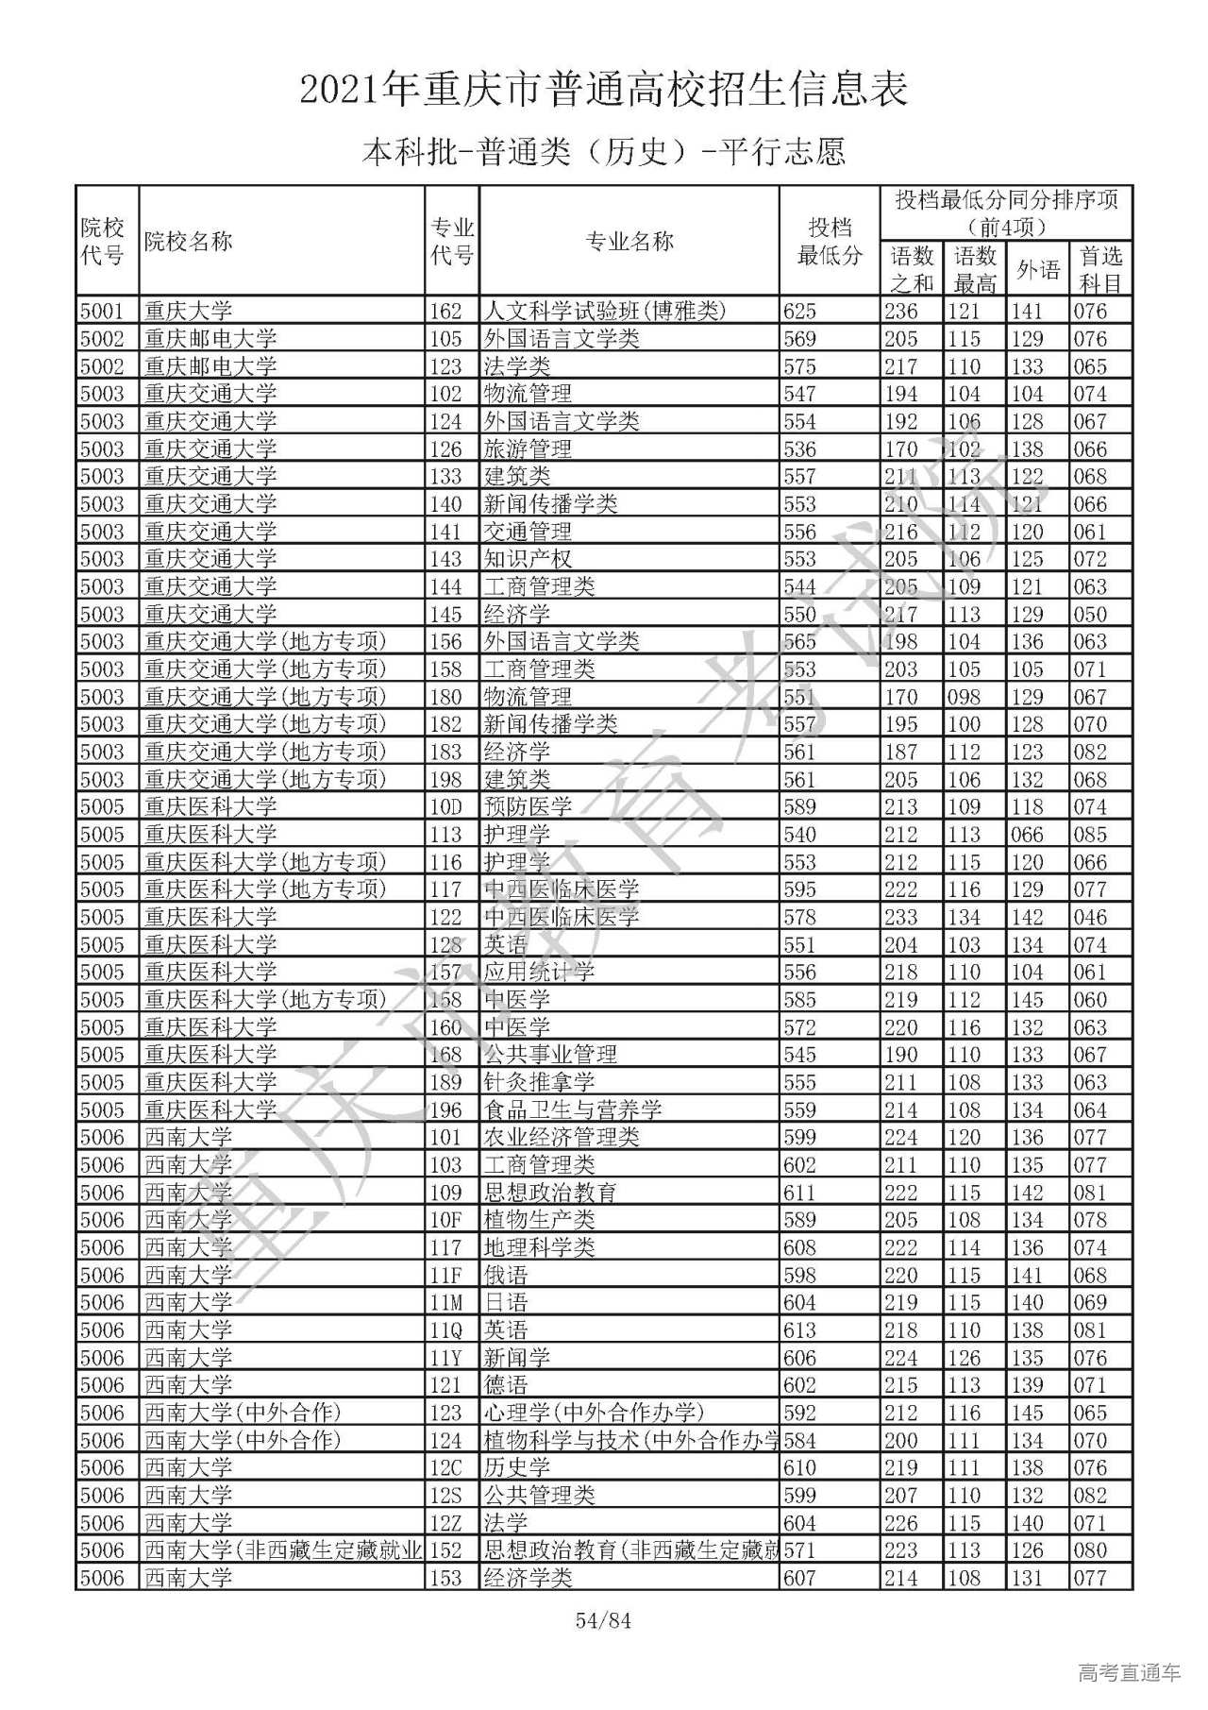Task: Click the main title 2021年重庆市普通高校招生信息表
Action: (x=604, y=90)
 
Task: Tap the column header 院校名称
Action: (x=188, y=241)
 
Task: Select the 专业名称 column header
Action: (x=629, y=241)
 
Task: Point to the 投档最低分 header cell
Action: (x=830, y=241)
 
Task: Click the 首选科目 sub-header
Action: (x=1100, y=269)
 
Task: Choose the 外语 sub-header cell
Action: (x=1037, y=270)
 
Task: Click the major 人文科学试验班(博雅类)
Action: (x=605, y=311)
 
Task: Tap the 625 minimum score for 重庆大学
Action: (x=799, y=311)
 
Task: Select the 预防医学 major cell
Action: (x=528, y=806)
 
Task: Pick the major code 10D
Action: (x=446, y=806)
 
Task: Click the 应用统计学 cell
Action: (x=539, y=972)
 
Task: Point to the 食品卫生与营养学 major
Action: (x=573, y=1109)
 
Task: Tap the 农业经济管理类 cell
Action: (x=562, y=1137)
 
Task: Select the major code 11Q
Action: (x=446, y=1330)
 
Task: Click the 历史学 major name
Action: (x=516, y=1467)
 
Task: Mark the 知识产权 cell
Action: (x=528, y=559)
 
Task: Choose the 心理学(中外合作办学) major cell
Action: (x=594, y=1413)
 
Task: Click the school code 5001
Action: (x=102, y=311)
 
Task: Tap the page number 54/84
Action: (x=603, y=1621)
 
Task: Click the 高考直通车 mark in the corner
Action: (x=1129, y=1672)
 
